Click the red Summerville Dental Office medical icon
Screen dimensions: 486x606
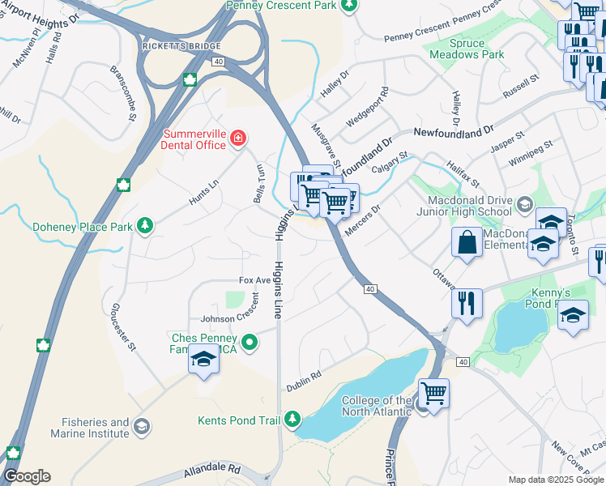coord(237,138)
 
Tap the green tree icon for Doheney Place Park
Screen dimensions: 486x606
coord(145,225)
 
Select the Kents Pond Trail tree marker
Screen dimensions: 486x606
coord(292,419)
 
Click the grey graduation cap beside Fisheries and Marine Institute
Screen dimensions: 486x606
coord(141,426)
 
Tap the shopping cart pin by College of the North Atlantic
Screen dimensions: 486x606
coord(434,394)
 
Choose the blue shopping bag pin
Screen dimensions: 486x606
coord(467,242)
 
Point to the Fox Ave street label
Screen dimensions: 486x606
coord(254,279)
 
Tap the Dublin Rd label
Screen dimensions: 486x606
coord(305,380)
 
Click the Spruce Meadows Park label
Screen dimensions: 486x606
coord(466,49)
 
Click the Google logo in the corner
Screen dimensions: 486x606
coord(27,476)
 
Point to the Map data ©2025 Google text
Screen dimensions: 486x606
coord(556,480)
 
